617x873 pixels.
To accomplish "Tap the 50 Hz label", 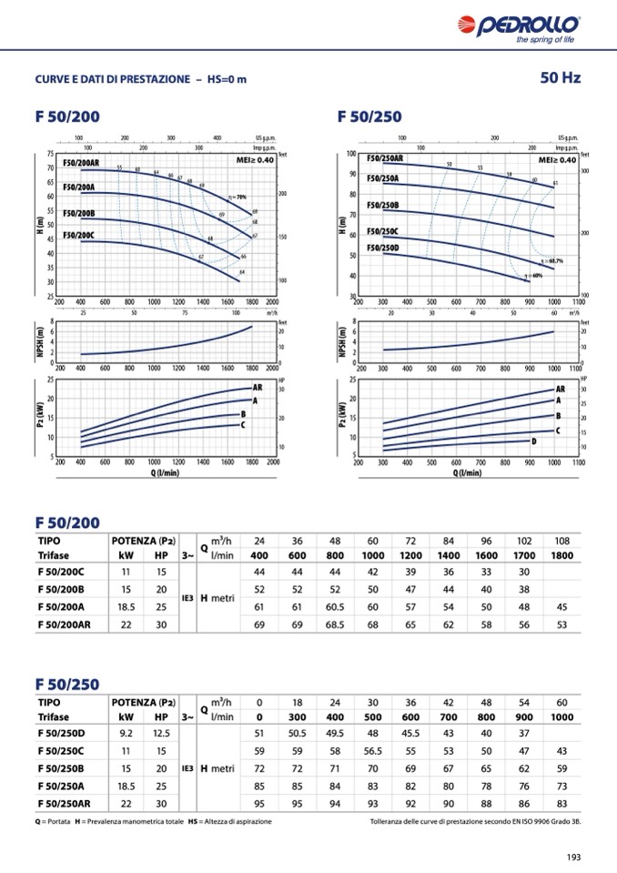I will tap(561, 78).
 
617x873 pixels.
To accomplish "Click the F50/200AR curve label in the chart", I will tap(81, 162).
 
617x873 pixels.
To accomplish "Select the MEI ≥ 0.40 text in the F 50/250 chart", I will tap(557, 159).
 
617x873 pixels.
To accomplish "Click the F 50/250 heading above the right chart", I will tap(369, 117).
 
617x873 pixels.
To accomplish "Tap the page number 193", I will tap(573, 856).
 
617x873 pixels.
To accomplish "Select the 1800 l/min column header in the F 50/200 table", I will tap(562, 555).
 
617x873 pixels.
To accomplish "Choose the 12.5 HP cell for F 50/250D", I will tap(161, 734).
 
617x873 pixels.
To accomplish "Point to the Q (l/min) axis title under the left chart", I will tap(165, 472).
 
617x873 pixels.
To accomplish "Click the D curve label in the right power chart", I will tap(534, 442).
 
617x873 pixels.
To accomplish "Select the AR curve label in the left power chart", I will tap(257, 388).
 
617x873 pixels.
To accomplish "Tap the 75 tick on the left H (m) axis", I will tap(50, 154).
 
